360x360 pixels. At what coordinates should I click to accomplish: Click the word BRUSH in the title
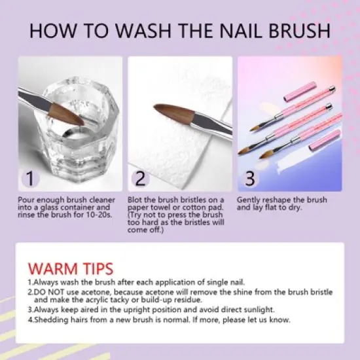299,31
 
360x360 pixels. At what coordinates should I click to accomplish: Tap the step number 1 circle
30,179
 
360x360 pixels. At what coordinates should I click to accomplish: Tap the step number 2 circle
140,179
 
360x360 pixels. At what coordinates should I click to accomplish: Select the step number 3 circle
250,179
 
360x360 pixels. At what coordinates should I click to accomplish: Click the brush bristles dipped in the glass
66,114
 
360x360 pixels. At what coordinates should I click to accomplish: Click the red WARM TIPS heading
71,268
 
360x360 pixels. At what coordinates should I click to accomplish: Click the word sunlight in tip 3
259,310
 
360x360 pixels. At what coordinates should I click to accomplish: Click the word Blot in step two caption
135,200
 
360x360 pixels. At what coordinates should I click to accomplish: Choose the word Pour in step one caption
26,200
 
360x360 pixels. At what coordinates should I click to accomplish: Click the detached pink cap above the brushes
300,92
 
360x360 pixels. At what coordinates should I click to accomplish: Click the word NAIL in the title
240,31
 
